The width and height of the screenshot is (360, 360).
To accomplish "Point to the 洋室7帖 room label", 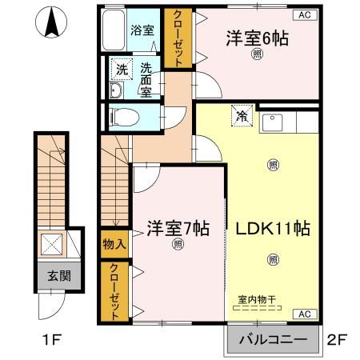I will pos(178,228).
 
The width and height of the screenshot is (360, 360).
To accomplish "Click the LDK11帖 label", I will pos(272,228).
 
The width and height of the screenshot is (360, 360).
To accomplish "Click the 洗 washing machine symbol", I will pos(122,70).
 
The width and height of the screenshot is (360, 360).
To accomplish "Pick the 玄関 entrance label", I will pos(58,276).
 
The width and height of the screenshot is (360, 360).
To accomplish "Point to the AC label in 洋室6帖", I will pos(305,14).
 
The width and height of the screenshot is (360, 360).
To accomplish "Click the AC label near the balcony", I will pos(305,314).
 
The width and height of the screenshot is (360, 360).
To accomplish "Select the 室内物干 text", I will pos(257,300).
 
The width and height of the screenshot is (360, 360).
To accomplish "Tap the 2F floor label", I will pos(337,339).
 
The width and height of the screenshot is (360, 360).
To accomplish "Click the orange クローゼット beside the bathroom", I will pos(174,37).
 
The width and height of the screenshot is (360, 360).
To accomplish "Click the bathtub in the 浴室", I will pos(116,30).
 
